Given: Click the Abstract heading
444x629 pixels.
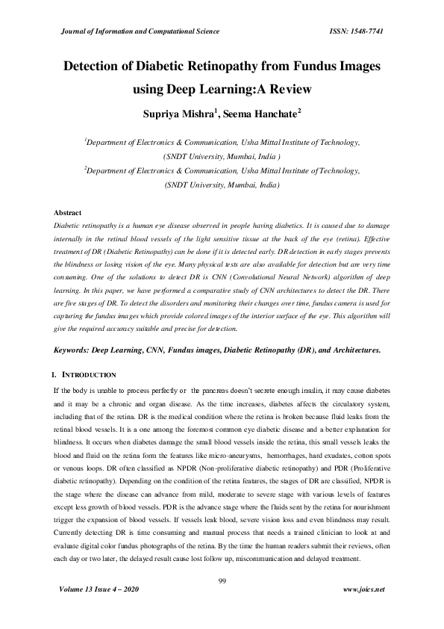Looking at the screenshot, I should point(68,213).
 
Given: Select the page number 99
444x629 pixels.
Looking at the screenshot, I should point(222,580).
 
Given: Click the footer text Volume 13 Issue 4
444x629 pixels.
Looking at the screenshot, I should point(101,589).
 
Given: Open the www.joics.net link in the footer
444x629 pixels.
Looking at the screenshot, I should point(363,589).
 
